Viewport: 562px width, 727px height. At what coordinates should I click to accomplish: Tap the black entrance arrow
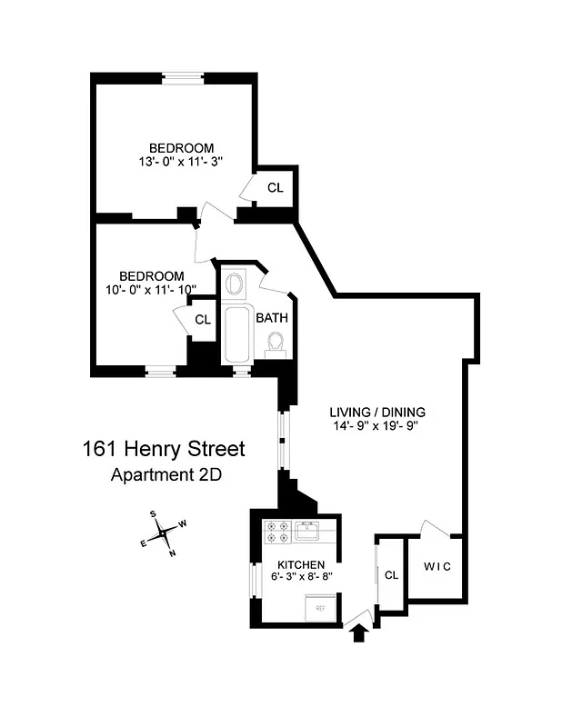point(358,630)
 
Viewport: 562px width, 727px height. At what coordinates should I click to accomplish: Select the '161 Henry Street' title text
point(164,449)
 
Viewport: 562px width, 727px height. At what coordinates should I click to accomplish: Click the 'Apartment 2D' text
point(166,473)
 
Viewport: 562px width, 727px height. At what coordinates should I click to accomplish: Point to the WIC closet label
point(437,566)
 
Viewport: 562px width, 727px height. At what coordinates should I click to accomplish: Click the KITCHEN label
point(300,564)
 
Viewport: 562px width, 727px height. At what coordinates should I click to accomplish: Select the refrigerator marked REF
point(319,607)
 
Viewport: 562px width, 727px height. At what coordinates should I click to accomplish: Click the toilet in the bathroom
point(275,343)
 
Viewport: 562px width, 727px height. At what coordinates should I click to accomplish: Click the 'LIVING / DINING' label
point(376,412)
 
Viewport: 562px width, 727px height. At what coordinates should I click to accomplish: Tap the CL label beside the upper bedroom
point(275,188)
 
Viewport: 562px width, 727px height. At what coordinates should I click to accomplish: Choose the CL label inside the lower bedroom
point(202,320)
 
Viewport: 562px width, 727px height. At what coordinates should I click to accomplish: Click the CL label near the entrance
point(391,574)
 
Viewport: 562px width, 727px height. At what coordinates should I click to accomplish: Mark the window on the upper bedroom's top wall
point(183,76)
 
